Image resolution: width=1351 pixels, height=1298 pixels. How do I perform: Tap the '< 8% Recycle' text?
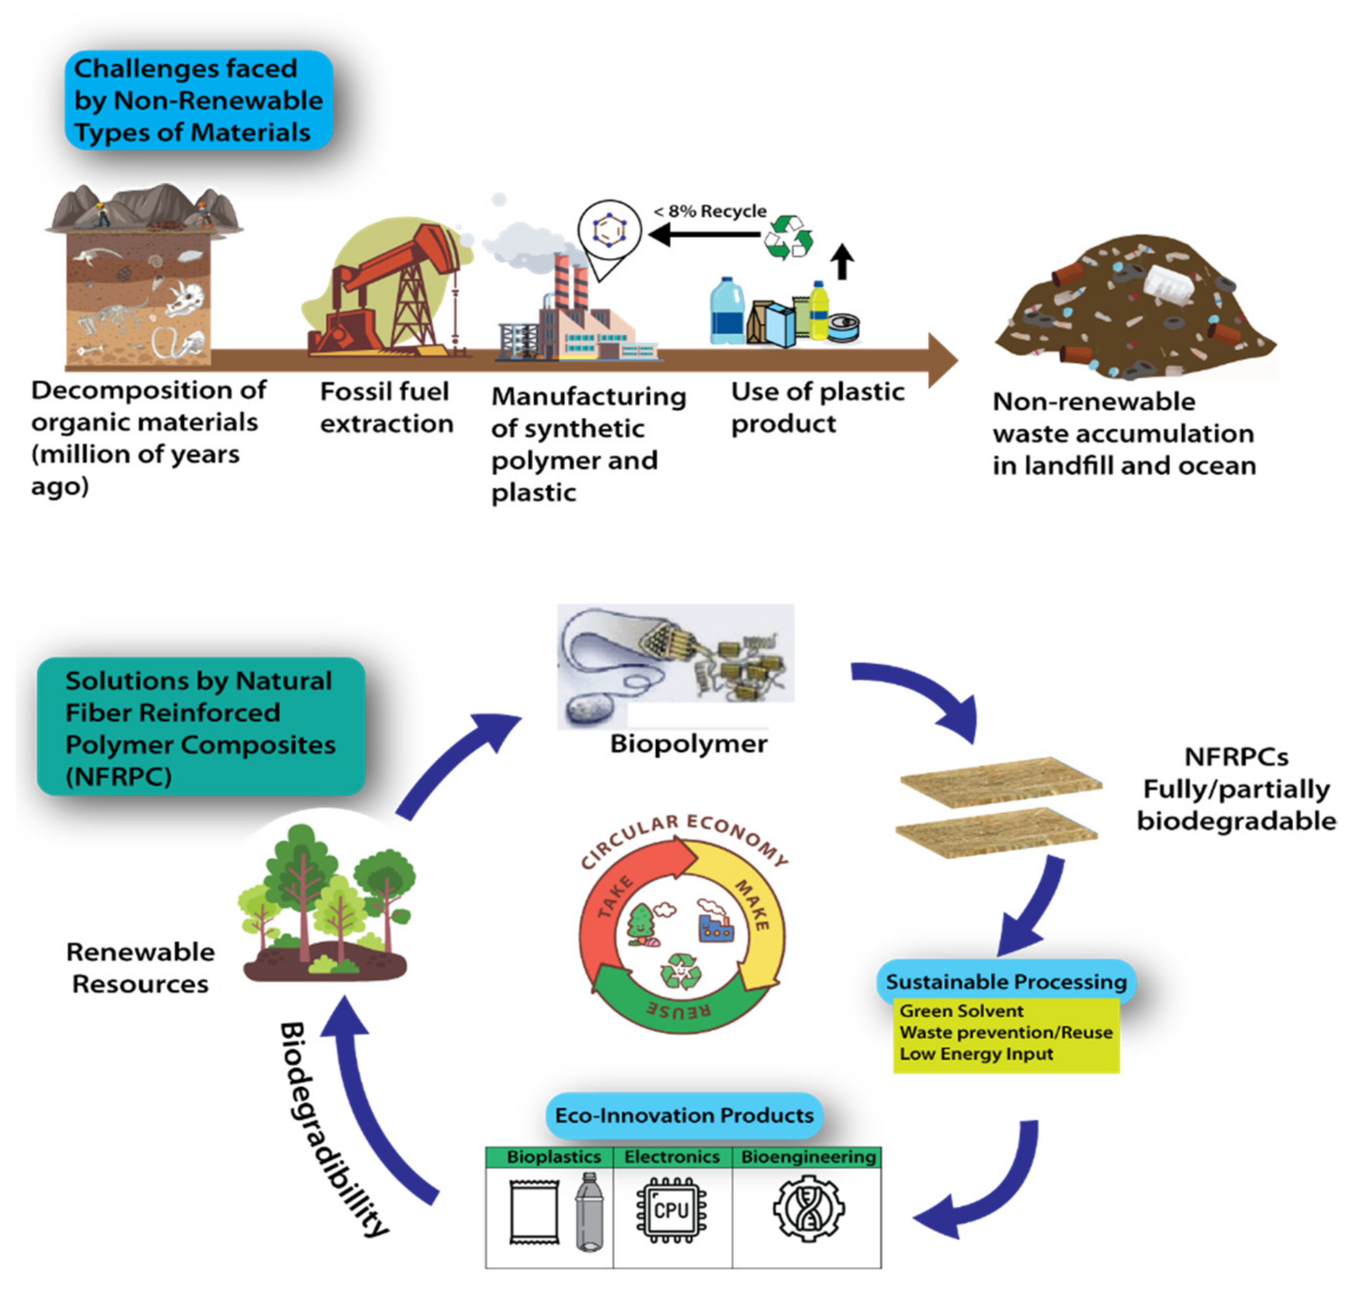710,211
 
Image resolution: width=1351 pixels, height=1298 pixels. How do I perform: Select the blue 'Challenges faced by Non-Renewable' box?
198,100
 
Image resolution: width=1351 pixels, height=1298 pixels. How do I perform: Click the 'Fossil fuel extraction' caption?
386,407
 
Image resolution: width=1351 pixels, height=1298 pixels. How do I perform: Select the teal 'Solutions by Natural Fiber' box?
200,727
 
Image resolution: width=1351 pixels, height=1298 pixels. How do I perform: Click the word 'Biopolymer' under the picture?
688,744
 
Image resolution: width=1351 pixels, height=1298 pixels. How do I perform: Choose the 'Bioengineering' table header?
808,1157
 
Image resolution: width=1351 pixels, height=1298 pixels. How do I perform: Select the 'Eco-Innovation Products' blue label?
684,1115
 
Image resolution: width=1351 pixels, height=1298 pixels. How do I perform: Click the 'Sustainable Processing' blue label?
1006,981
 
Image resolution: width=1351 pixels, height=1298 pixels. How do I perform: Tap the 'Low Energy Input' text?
976,1054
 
